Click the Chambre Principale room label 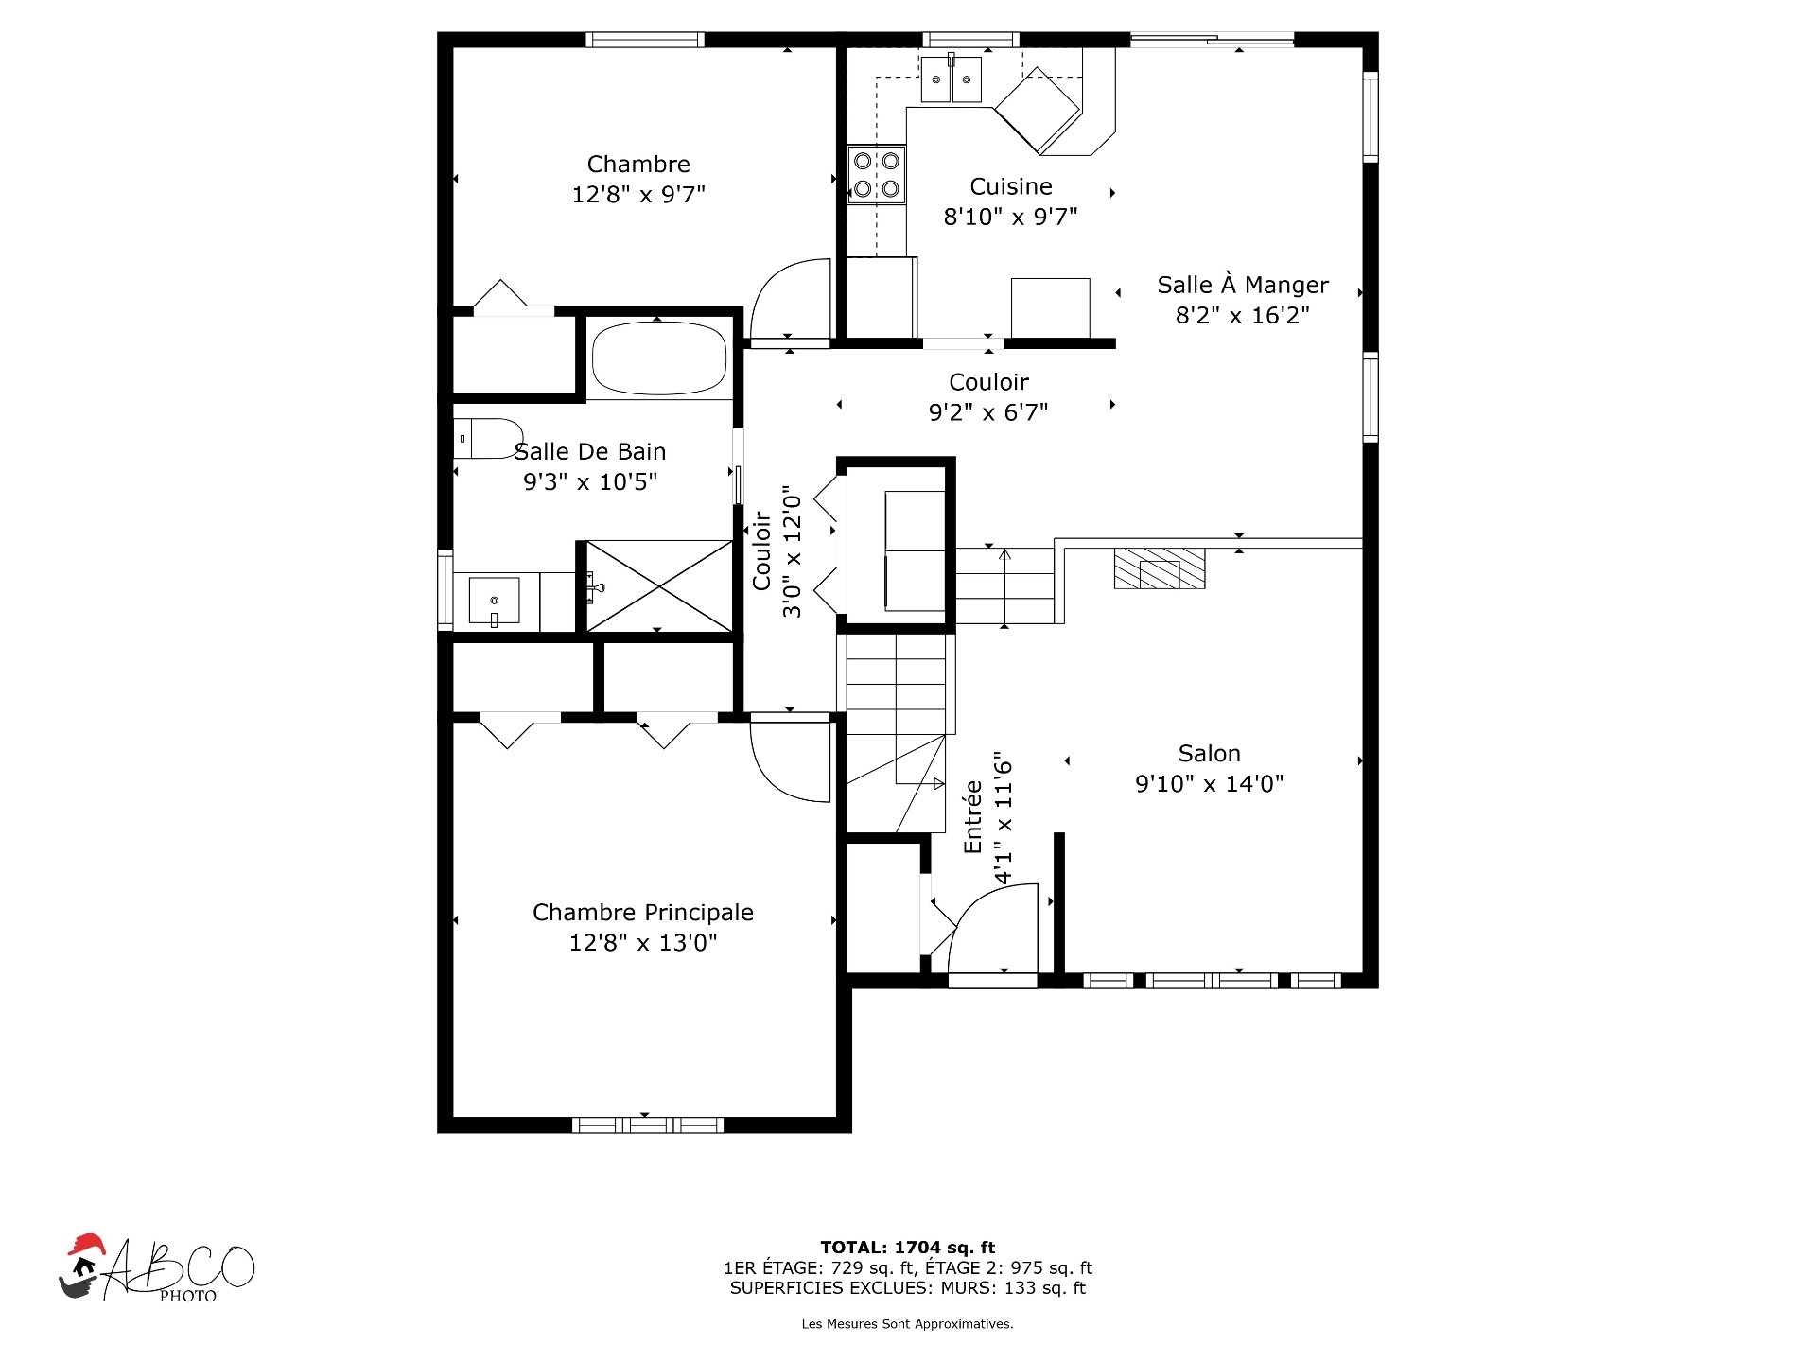[643, 913]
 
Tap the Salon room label [1209, 754]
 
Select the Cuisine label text [1011, 186]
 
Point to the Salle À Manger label [1243, 285]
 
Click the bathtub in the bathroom [659, 358]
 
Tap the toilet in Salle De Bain [488, 439]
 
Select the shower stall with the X [659, 585]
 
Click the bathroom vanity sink [494, 601]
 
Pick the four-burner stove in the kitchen [877, 175]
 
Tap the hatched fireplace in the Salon [1160, 568]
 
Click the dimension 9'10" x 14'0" [1209, 784]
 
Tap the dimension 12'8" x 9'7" [638, 195]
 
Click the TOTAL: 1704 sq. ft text [908, 1248]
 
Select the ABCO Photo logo [157, 1268]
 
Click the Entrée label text [973, 817]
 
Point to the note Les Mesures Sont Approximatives [908, 1324]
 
